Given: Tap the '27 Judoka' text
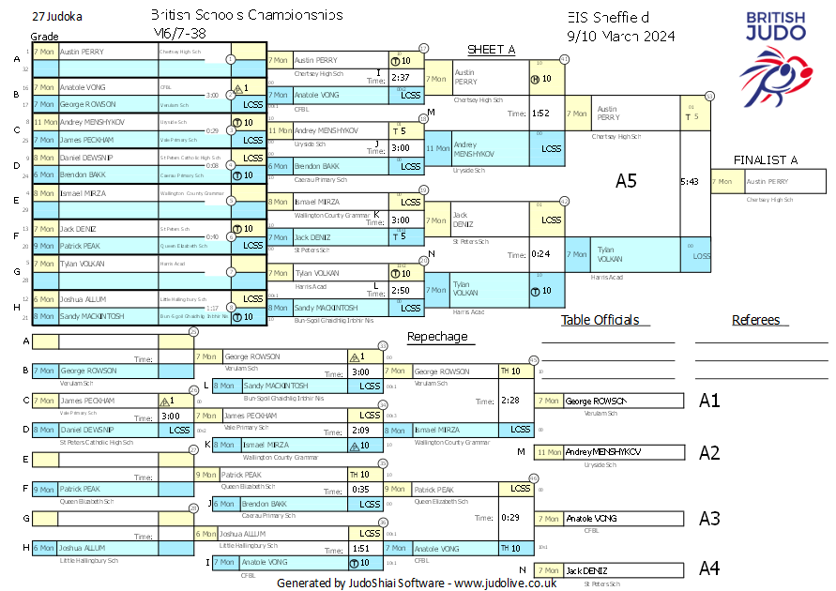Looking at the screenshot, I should click(x=56, y=17).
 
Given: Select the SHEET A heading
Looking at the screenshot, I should click(x=492, y=50).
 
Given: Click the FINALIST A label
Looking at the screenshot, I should click(x=766, y=159).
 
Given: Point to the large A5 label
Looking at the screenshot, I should click(x=626, y=181).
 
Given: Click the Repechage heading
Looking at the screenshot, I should click(x=436, y=337).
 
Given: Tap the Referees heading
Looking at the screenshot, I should click(x=755, y=320).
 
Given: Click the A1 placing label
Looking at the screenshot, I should click(x=709, y=401).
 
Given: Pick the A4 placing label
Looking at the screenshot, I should click(x=709, y=568).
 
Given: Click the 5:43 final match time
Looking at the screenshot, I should click(x=690, y=182).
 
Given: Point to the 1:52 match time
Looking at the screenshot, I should click(x=540, y=114).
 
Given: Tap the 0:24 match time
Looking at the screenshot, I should click(x=540, y=254).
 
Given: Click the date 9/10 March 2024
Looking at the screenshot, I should click(x=622, y=37).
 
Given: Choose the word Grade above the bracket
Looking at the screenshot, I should click(x=44, y=36).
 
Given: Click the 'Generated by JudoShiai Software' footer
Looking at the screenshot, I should click(x=417, y=583).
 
